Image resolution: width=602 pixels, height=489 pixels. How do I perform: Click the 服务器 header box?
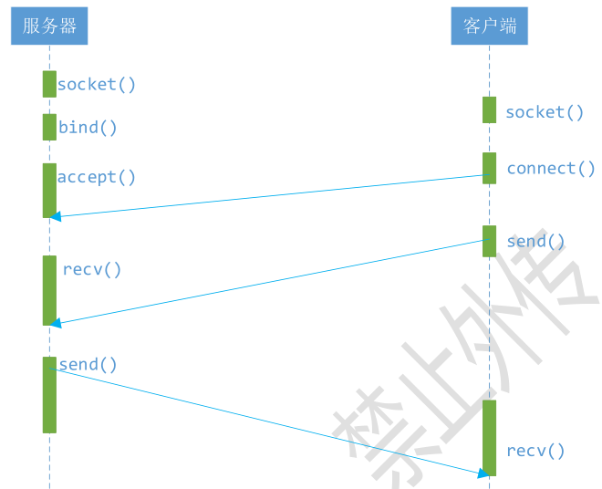click(49, 26)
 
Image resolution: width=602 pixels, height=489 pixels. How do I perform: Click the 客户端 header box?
click(489, 26)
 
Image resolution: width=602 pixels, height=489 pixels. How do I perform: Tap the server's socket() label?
click(97, 85)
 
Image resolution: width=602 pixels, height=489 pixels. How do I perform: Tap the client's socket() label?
click(545, 112)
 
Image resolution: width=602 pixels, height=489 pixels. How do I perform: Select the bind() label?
click(88, 128)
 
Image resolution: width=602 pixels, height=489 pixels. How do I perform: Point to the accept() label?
click(97, 177)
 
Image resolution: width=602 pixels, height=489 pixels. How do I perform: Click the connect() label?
click(551, 169)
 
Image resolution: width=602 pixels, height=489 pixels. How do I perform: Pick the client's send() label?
click(536, 242)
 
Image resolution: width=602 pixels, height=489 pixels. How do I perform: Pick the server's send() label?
click(88, 365)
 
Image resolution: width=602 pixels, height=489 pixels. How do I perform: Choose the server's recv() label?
click(92, 270)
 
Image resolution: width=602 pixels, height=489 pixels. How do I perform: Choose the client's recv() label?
click(536, 451)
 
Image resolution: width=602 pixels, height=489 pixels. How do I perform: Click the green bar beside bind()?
click(49, 127)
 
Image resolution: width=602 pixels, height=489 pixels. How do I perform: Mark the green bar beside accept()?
click(49, 190)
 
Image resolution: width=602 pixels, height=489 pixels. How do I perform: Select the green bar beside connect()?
click(490, 168)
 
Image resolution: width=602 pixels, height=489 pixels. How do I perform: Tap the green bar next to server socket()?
click(49, 84)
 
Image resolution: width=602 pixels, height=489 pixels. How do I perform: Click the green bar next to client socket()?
click(490, 109)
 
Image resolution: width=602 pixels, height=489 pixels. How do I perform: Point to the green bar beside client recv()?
click(490, 437)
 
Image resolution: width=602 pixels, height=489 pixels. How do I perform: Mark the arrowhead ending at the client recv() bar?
click(482, 473)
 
